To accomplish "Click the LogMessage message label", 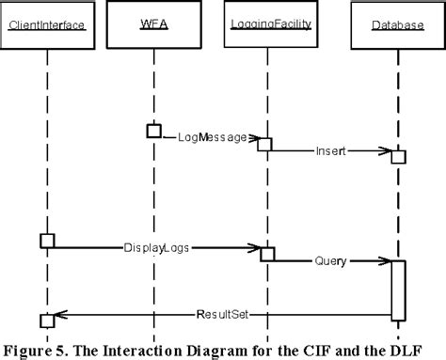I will (x=211, y=137).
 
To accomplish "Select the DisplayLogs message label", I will (x=153, y=248).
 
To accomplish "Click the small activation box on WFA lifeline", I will (x=153, y=131).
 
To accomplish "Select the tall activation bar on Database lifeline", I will (x=398, y=290).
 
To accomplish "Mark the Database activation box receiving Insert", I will (x=399, y=156).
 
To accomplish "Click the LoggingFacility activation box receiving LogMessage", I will (x=265, y=144).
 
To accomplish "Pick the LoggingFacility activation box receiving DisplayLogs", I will (x=267, y=254).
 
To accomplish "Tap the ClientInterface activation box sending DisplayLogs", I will (x=47, y=242).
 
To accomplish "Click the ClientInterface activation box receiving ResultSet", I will (x=47, y=321).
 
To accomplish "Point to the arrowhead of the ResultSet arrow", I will (x=59, y=314).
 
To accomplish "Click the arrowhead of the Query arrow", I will (x=386, y=260).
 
